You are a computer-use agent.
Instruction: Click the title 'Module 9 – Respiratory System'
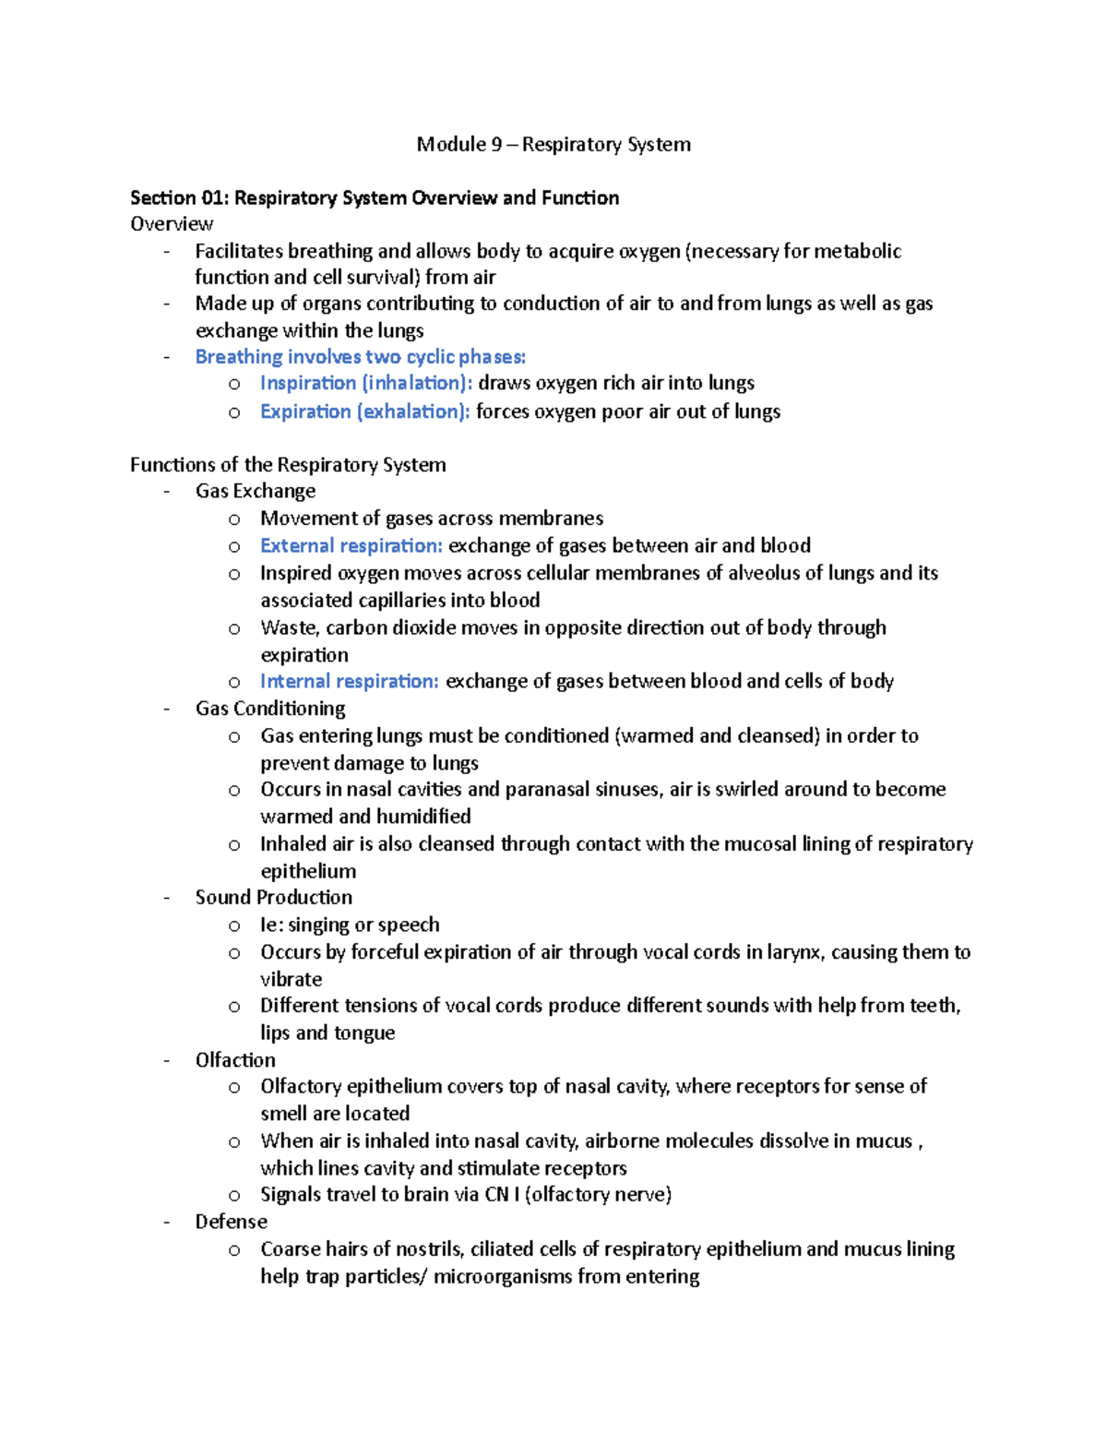pos(553,144)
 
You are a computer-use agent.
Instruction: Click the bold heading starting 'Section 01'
pos(375,197)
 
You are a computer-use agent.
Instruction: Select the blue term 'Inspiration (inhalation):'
pos(365,383)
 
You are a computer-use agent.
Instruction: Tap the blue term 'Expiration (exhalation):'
pos(364,412)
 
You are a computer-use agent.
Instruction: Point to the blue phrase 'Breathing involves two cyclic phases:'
pos(360,357)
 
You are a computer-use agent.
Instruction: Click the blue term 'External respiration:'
pos(351,546)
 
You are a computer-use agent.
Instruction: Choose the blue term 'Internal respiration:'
pos(349,682)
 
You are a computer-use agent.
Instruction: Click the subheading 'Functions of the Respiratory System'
pos(288,465)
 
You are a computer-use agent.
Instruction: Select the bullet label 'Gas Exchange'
pos(255,492)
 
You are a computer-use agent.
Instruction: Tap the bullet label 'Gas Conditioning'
pos(269,709)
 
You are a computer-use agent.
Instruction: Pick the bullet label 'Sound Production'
pos(273,898)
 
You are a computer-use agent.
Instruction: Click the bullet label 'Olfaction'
pos(234,1060)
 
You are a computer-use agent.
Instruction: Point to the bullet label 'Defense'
pos(231,1222)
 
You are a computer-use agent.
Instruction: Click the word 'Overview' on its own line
pos(172,224)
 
